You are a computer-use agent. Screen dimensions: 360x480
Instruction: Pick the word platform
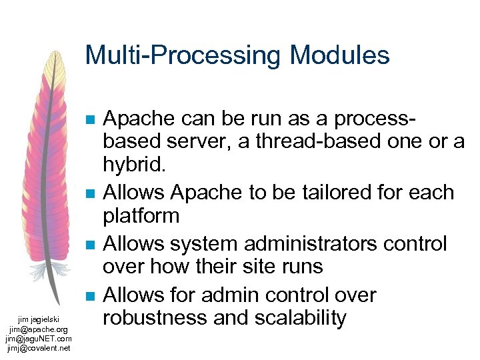(141, 216)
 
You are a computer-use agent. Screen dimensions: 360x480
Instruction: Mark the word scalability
(306, 318)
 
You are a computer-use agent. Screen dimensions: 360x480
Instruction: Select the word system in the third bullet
(208, 243)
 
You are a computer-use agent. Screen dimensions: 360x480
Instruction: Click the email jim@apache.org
(38, 329)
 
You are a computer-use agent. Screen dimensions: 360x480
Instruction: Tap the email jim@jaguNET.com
(38, 338)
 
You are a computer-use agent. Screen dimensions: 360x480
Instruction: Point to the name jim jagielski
(38, 320)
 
